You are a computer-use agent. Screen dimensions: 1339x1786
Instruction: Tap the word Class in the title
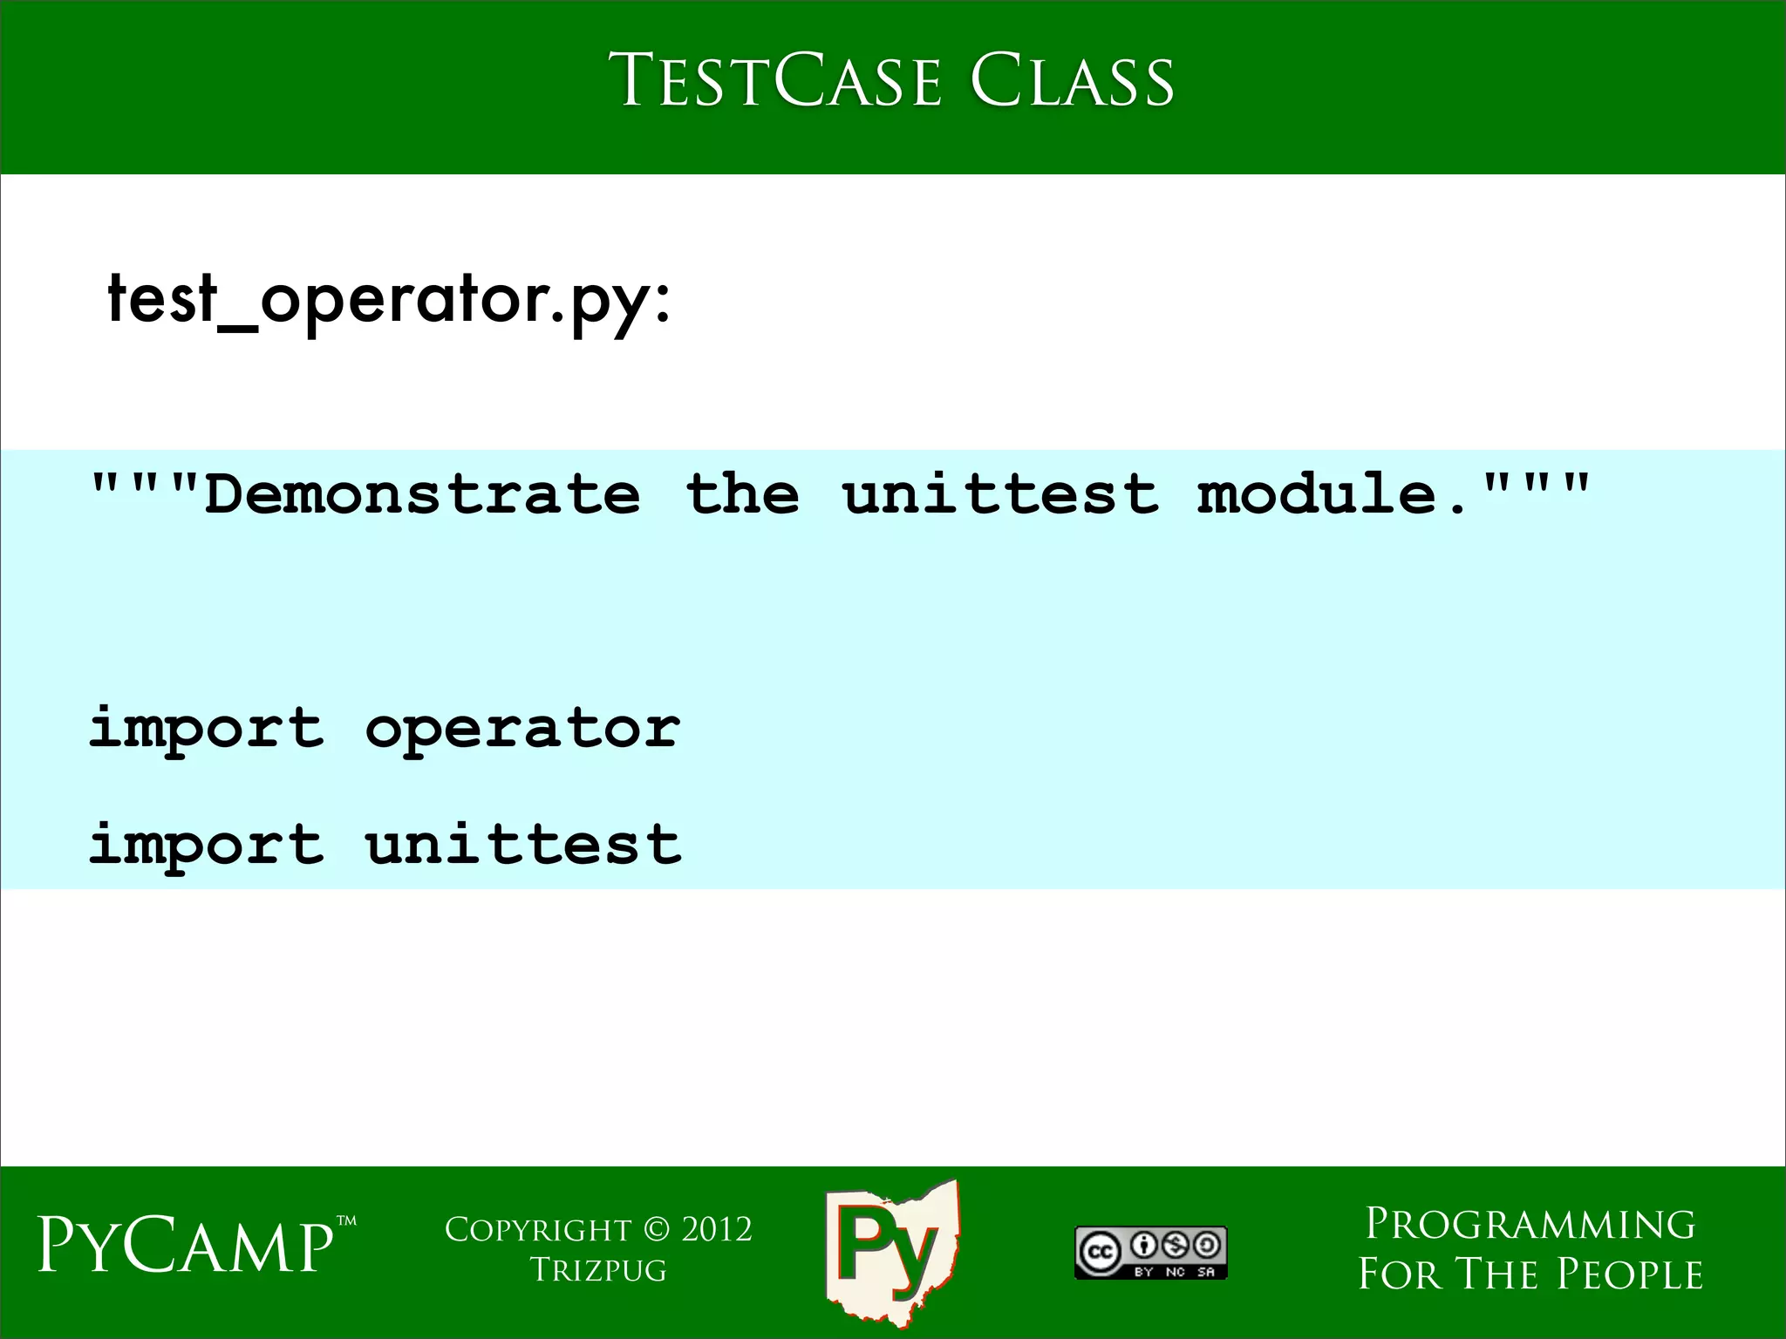coord(1072,81)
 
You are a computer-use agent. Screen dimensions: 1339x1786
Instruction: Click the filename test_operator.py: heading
coord(389,301)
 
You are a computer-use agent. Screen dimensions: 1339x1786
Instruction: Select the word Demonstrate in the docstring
coord(422,494)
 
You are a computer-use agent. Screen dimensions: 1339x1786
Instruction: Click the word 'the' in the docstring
coord(742,494)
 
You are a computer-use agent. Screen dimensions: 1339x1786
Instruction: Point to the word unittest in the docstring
coord(1001,494)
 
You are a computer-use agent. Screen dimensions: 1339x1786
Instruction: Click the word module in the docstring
coord(1317,494)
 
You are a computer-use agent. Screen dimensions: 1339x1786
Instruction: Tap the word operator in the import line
coord(522,728)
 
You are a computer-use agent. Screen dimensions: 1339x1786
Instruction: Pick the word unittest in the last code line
coord(522,844)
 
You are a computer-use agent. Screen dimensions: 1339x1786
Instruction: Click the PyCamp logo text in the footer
coord(185,1247)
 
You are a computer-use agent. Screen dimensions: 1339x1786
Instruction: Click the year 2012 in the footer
coord(716,1230)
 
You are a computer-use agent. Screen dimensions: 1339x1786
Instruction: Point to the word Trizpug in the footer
coord(598,1270)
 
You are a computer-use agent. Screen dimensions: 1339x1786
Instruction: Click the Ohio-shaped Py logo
coord(891,1251)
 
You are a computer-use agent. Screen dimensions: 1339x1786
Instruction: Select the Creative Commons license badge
coord(1150,1253)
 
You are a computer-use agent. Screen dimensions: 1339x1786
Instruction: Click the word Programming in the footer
coord(1530,1225)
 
